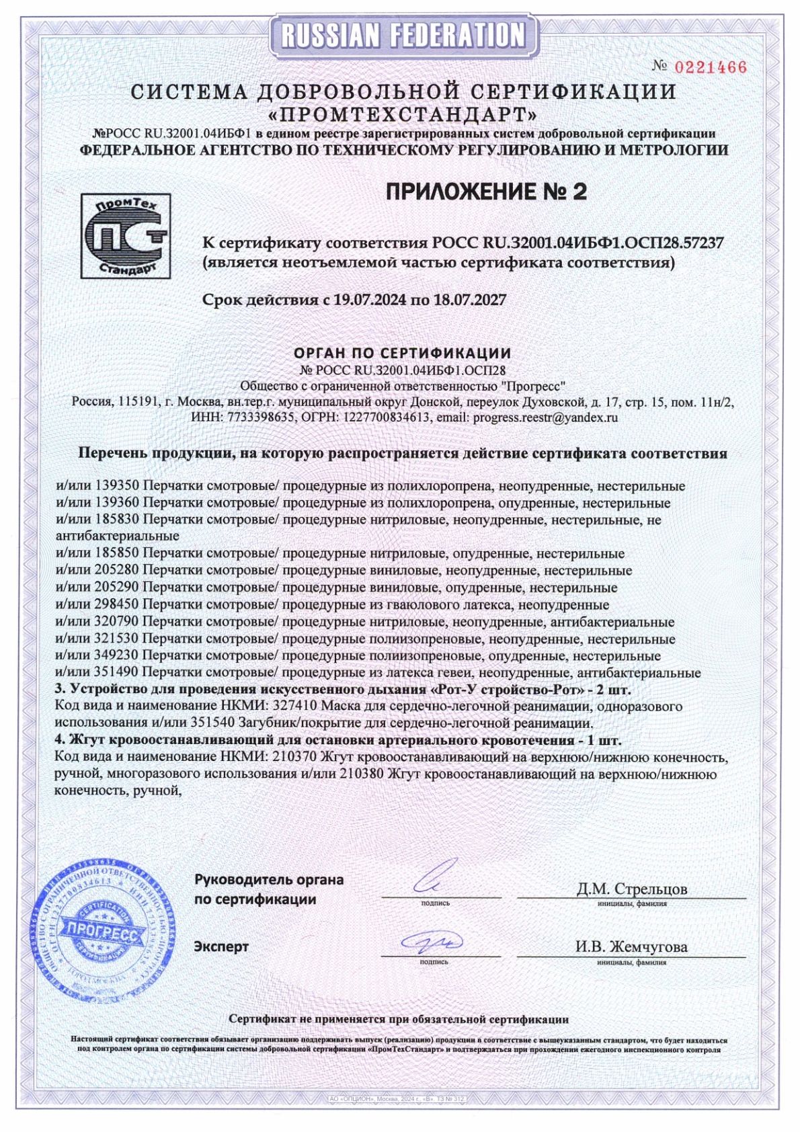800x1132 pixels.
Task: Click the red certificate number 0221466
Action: pos(710,67)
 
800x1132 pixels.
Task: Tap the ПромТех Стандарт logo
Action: pos(125,236)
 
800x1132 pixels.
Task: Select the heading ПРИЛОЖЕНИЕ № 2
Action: pos(486,192)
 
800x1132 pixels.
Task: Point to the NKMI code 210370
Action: pos(292,758)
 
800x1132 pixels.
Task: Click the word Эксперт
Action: pos(221,946)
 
